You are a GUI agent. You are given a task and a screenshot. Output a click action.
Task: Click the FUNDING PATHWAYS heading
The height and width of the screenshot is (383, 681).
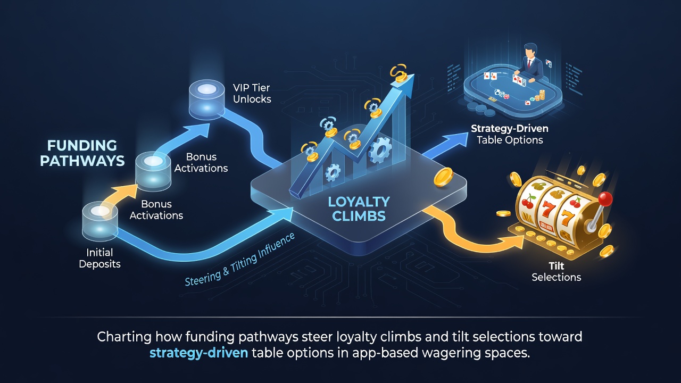tap(82, 153)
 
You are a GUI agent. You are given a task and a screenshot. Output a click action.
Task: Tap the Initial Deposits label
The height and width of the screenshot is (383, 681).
tap(99, 258)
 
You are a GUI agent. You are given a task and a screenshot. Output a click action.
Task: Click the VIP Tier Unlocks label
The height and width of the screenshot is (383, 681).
tap(252, 93)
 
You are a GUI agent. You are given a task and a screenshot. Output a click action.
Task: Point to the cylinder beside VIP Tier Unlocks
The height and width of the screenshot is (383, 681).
tap(207, 99)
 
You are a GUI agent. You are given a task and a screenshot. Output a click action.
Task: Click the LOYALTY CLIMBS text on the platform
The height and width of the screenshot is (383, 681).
tap(359, 209)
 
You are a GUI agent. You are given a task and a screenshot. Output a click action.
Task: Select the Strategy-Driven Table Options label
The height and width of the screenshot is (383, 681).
tap(510, 134)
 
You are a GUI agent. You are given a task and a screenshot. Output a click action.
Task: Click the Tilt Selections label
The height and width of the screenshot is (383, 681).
tap(557, 271)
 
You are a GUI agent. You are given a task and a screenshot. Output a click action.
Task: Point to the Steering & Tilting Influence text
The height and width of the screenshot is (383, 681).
tap(240, 260)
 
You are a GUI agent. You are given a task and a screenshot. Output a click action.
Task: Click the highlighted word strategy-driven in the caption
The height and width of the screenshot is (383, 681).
tap(199, 353)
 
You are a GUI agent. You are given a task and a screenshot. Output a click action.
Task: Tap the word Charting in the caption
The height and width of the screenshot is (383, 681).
tap(124, 337)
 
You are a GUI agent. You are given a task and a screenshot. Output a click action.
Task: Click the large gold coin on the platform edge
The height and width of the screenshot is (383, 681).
tap(443, 177)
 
